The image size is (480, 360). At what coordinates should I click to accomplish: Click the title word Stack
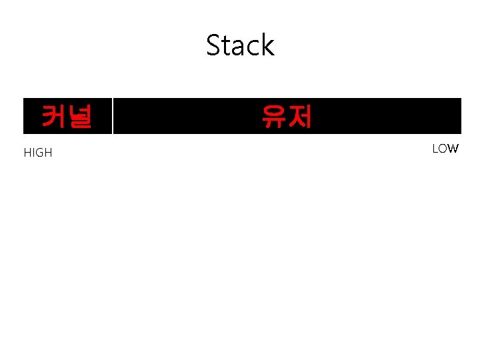click(240, 45)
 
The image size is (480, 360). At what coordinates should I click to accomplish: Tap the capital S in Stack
click(214, 45)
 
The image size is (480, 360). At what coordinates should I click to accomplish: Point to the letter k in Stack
click(267, 45)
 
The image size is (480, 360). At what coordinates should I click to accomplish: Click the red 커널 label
click(66, 117)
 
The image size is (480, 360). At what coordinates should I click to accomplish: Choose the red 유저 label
click(287, 117)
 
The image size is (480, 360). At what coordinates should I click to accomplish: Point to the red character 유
click(274, 117)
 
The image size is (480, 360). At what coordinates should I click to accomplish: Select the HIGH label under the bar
click(38, 153)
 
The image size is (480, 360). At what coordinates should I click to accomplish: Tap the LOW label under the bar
click(445, 149)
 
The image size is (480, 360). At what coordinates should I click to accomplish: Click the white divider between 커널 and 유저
click(112, 116)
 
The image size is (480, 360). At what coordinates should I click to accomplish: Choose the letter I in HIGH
click(31, 153)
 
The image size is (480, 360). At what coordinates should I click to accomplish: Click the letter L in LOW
click(435, 149)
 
